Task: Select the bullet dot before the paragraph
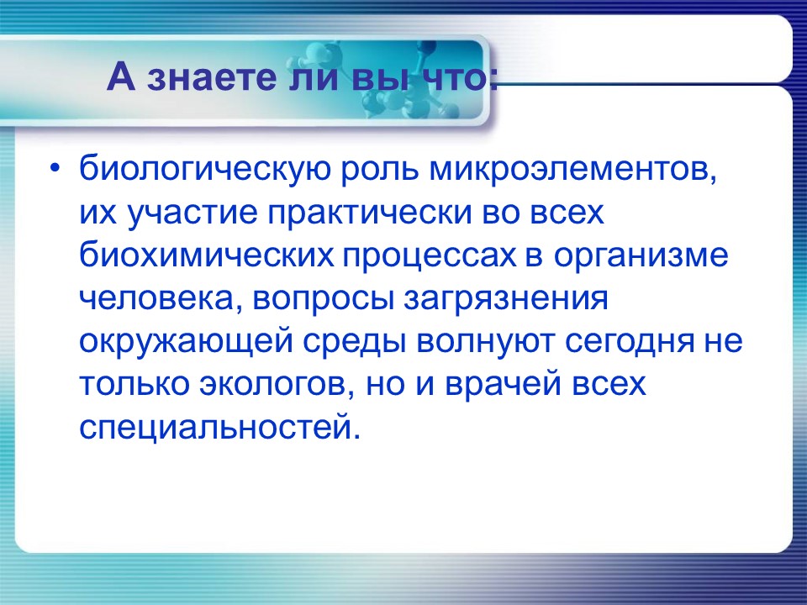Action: [55, 167]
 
